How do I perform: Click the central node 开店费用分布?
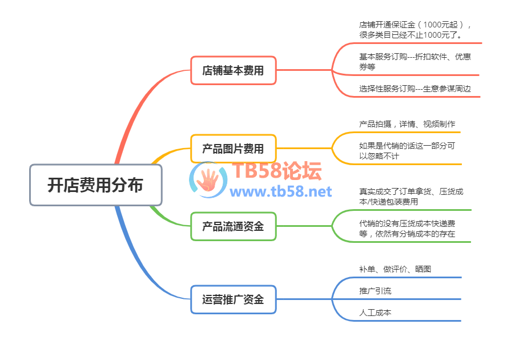95,185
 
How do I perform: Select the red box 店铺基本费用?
233,70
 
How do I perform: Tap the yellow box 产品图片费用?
233,149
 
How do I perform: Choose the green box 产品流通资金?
233,226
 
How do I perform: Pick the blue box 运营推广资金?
233,299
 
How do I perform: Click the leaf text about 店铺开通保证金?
415,30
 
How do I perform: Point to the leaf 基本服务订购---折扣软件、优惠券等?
415,62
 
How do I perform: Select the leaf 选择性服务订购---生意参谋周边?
415,89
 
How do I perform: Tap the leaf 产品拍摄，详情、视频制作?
407,124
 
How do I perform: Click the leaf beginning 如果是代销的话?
407,150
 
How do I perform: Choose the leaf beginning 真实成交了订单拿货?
411,197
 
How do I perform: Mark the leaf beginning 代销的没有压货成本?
407,229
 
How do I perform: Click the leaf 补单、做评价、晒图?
391,269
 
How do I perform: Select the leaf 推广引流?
375,291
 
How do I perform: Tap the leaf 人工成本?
375,313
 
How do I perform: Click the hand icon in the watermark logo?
208,179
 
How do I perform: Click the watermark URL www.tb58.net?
281,191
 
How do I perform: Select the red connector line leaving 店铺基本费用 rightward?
303,70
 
